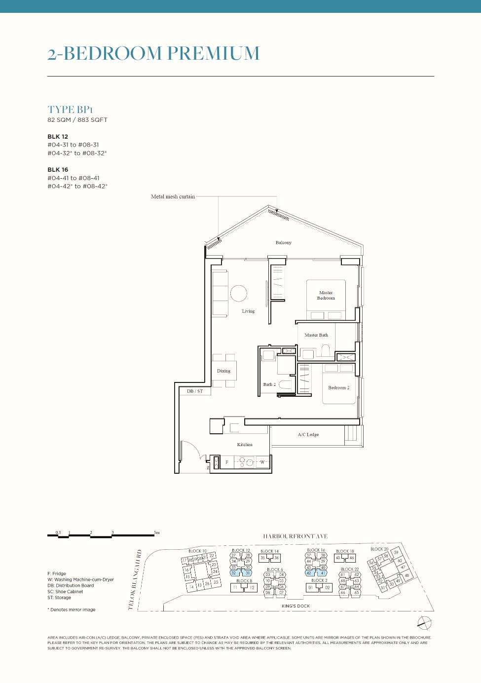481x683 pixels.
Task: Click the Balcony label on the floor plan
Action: tap(283, 242)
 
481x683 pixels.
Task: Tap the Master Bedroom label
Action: tap(326, 295)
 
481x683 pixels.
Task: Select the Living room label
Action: tap(248, 311)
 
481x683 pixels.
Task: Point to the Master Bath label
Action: tap(316, 335)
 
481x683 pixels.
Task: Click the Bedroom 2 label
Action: tap(338, 387)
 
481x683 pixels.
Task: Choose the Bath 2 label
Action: tap(269, 384)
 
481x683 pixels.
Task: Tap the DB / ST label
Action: tap(195, 391)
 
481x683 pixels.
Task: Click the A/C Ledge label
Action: tap(308, 435)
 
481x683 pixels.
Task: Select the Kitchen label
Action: tap(245, 445)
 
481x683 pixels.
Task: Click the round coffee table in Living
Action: tap(238, 293)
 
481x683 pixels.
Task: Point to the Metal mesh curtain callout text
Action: tap(173, 196)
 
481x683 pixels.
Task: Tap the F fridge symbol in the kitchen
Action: tap(227, 462)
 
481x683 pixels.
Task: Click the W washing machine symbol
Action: tap(262, 462)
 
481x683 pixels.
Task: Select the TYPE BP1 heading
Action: tap(70, 110)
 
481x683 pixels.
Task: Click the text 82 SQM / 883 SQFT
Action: tap(77, 120)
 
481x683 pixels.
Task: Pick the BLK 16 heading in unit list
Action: tap(58, 170)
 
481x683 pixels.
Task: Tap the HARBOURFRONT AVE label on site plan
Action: tap(295, 536)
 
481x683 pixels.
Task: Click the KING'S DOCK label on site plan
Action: tap(296, 606)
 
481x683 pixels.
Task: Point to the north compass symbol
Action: tap(424, 623)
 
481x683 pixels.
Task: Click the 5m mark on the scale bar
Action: tap(156, 532)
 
